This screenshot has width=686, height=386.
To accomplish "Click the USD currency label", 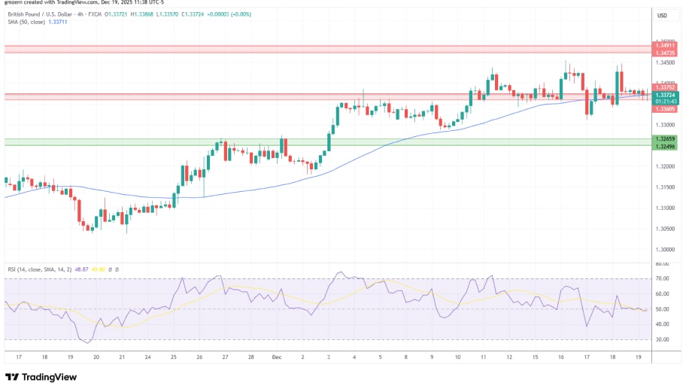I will (662, 16).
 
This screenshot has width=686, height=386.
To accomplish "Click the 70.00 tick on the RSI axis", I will (662, 279).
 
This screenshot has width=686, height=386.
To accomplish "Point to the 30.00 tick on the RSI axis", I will (662, 339).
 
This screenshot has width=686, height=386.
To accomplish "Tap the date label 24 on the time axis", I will (147, 357).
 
